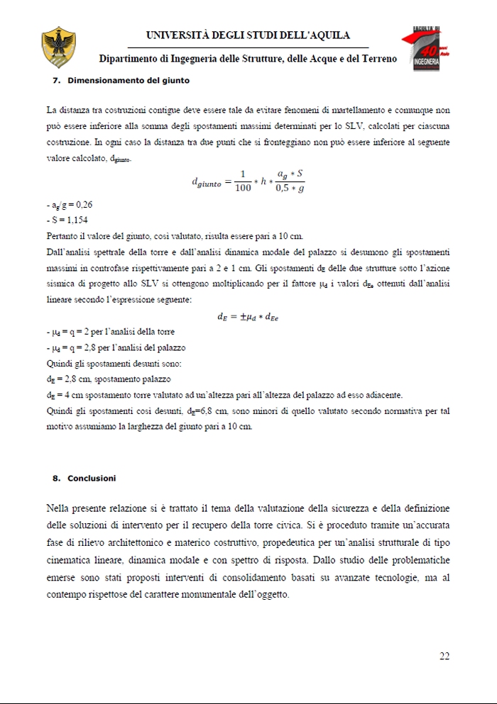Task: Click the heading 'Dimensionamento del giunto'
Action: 129,81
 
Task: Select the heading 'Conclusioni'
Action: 92,479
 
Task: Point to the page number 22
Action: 444,656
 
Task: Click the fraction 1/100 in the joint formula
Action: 242,181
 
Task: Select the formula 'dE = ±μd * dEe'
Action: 248,317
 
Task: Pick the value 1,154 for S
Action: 74,220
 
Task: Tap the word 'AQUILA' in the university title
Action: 328,35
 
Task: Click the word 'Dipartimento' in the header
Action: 130,60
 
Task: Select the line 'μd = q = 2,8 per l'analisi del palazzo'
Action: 116,348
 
